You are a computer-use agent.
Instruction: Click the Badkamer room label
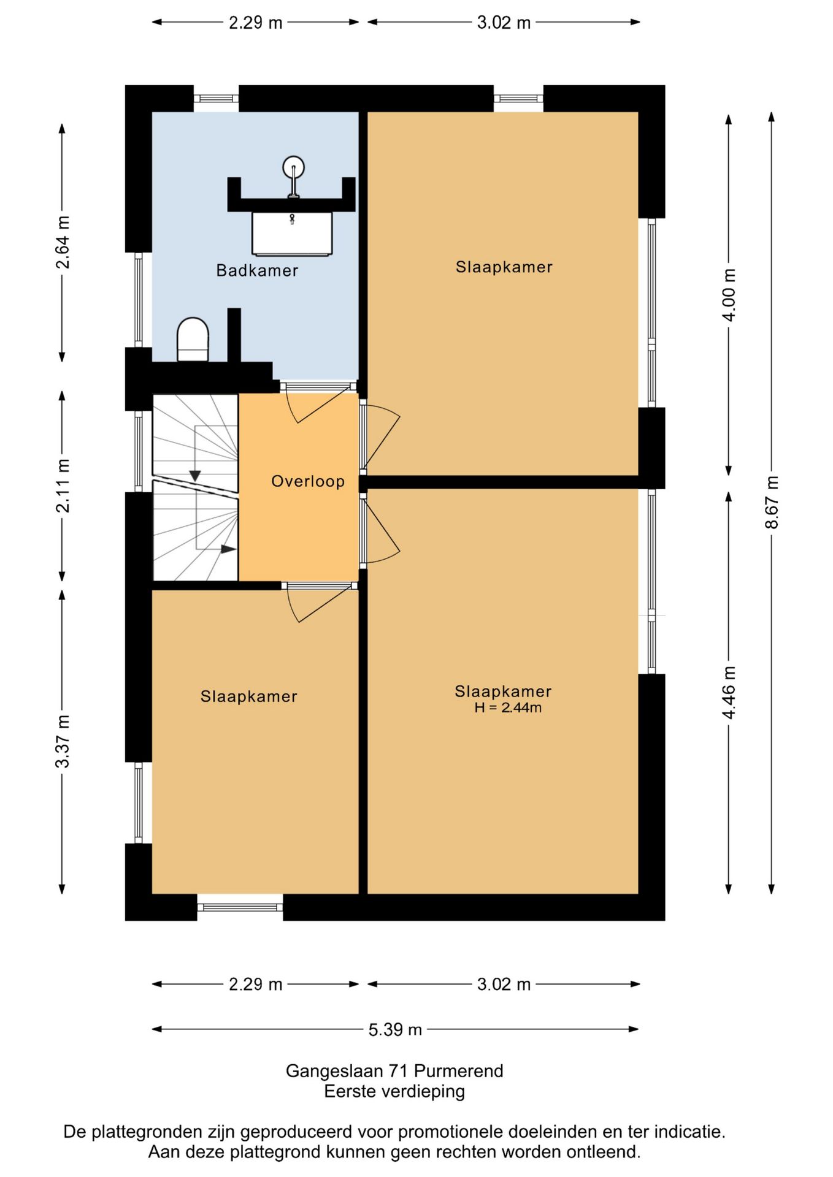coord(257,270)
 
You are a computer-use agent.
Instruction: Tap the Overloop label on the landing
coord(308,481)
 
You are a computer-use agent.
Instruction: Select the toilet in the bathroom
coord(193,340)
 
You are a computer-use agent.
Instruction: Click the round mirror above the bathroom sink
coord(294,167)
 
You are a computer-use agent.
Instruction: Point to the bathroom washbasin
coord(292,234)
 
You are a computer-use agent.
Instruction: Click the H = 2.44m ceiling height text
coord(508,708)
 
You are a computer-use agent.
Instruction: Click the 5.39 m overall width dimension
coord(395,1029)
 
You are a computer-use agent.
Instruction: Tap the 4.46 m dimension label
coord(728,693)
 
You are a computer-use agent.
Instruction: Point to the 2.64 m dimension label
coord(62,242)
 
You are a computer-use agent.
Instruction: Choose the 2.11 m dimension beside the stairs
coord(62,486)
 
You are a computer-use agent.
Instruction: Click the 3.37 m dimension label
coord(62,741)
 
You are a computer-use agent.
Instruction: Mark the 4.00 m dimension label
coord(728,295)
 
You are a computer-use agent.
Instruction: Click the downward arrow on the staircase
coord(195,454)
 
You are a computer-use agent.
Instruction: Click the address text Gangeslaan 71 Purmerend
coord(394,1071)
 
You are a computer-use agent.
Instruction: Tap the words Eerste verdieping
coord(394,1091)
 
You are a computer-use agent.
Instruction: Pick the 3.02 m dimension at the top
coord(504,23)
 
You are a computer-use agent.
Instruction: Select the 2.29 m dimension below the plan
coord(255,985)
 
